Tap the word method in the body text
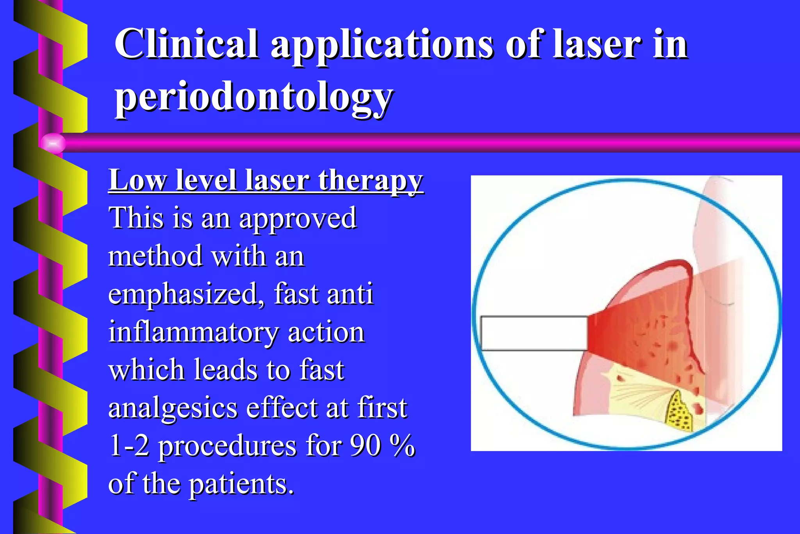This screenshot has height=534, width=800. coord(155,256)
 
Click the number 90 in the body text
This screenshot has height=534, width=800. coord(365,445)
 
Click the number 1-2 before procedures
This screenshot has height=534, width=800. coord(129,445)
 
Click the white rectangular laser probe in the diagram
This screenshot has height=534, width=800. coord(534,333)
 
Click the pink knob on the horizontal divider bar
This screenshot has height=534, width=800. coord(52,143)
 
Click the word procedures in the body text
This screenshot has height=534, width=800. coord(227,446)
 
